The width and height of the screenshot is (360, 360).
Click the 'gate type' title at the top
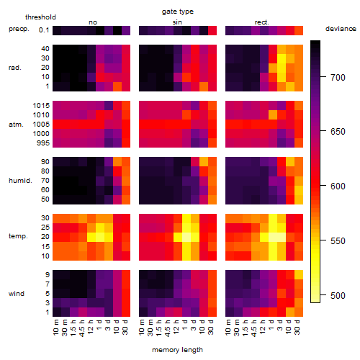[x=178, y=12]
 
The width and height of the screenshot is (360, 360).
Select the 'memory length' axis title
[x=177, y=350]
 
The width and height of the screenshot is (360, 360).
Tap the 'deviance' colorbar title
[x=341, y=29]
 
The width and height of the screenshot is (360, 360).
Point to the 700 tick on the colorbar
[x=323, y=77]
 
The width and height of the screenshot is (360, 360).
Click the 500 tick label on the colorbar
[x=338, y=295]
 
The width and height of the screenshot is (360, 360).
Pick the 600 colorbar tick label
[x=338, y=186]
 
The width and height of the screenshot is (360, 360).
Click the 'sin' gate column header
[x=177, y=22]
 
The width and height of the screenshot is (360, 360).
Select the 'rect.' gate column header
[x=261, y=22]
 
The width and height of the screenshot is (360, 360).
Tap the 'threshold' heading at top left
[x=40, y=17]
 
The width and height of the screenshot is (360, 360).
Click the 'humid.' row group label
[x=20, y=181]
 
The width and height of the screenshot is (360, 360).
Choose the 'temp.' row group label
[x=18, y=236]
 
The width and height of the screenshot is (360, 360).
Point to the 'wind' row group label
[x=17, y=294]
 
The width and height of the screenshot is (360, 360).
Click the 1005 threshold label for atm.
[x=41, y=124]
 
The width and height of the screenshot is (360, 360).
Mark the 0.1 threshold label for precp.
[x=44, y=30]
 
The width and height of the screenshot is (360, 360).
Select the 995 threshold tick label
[x=43, y=143]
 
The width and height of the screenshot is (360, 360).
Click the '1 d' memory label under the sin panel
[x=184, y=325]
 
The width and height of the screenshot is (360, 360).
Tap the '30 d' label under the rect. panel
[x=297, y=327]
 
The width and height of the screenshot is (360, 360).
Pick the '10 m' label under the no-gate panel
[x=55, y=328]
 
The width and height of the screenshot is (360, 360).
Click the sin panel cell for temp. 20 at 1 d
[x=186, y=237]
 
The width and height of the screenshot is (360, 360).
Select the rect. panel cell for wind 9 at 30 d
[x=299, y=275]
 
